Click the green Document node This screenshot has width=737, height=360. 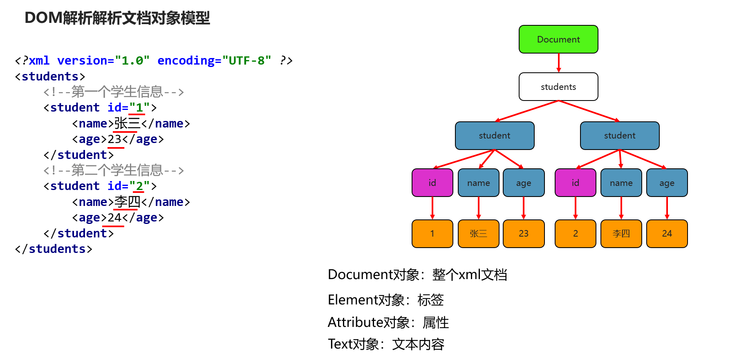click(x=558, y=39)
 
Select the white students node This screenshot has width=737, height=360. click(x=558, y=87)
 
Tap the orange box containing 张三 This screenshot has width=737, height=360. click(x=478, y=234)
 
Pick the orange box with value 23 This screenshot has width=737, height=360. click(x=524, y=234)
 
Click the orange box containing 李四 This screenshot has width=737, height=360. click(x=621, y=234)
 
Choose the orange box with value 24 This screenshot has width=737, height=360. click(x=667, y=234)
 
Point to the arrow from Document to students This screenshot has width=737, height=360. click(x=558, y=63)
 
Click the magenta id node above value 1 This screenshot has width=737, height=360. click(x=432, y=183)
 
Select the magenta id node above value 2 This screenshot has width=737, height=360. click(x=575, y=183)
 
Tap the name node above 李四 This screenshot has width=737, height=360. click(x=621, y=183)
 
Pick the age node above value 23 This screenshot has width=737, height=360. click(x=524, y=183)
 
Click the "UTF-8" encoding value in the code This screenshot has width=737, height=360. click(x=246, y=60)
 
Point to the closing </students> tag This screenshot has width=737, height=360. click(x=54, y=249)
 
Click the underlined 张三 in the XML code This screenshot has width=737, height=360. click(x=127, y=123)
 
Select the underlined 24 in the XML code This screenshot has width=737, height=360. click(x=115, y=217)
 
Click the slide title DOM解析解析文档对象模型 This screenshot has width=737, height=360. click(x=117, y=18)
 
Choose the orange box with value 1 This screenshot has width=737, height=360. click(x=432, y=234)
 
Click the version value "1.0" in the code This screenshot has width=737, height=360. click(x=132, y=60)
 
